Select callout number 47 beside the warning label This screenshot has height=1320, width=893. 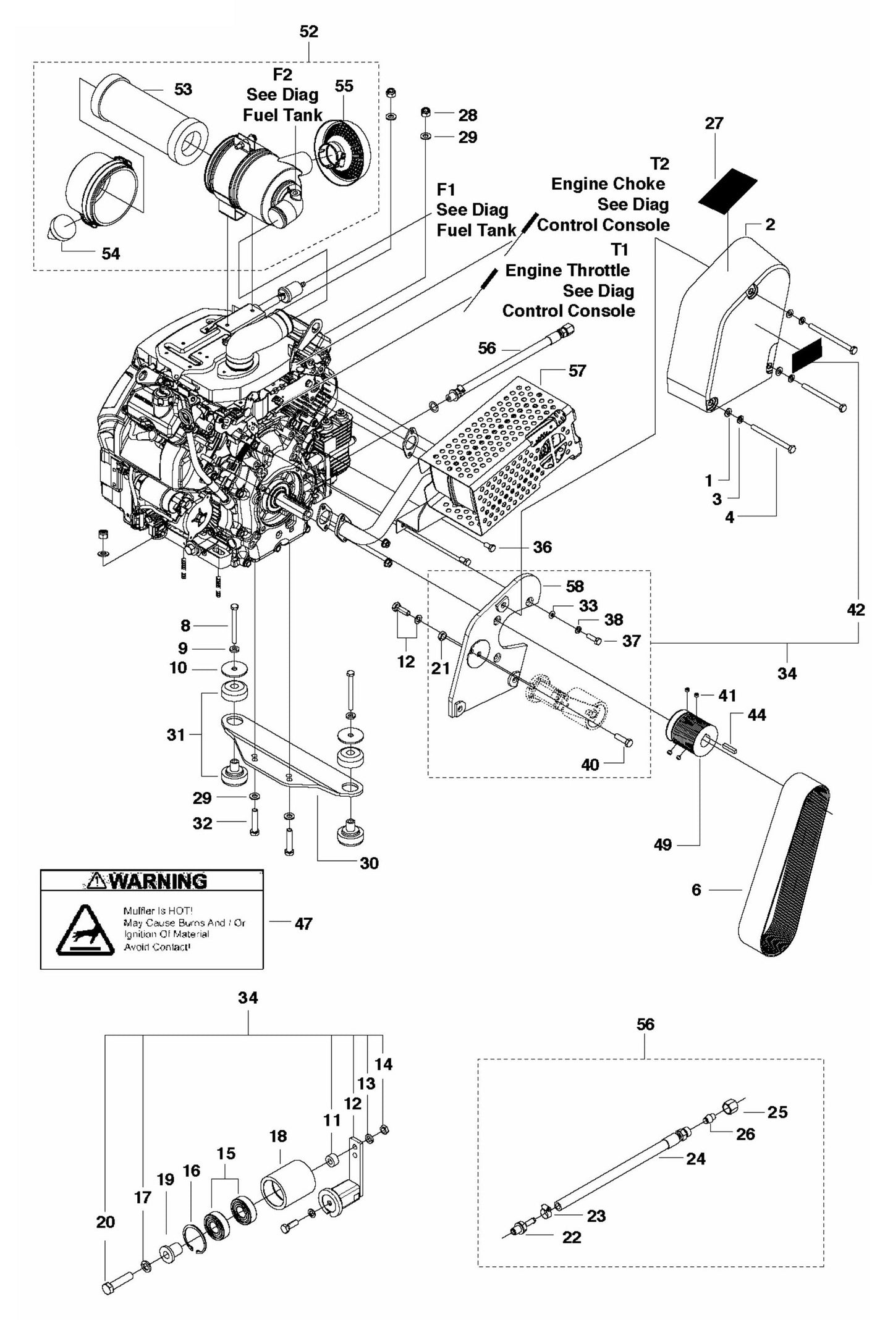click(x=303, y=923)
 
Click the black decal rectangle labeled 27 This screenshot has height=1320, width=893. click(x=727, y=191)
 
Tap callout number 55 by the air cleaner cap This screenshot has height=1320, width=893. click(x=344, y=86)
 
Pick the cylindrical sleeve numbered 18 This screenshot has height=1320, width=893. click(x=287, y=1182)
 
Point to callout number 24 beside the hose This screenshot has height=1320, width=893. click(x=696, y=1159)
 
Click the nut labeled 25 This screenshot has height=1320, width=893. click(x=730, y=1105)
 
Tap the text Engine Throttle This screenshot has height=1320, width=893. click(x=567, y=271)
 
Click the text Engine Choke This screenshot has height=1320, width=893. click(x=608, y=184)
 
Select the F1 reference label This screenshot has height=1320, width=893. click(x=445, y=189)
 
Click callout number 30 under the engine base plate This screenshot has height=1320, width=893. click(x=369, y=863)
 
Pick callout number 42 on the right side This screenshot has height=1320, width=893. click(x=856, y=610)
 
